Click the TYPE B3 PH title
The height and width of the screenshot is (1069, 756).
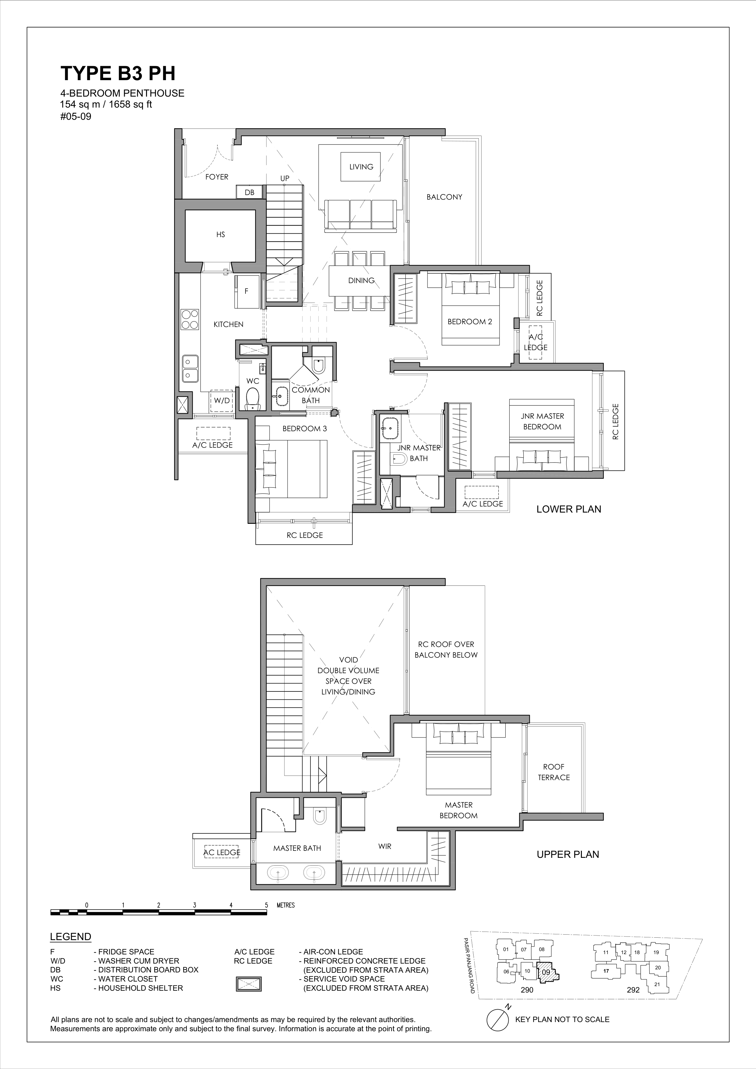(x=118, y=73)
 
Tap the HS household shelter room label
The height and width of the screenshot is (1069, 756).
(x=220, y=235)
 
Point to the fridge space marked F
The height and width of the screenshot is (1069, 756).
(x=246, y=291)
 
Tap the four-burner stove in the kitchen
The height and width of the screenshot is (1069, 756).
(x=190, y=319)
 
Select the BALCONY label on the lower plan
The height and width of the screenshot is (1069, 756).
(x=444, y=197)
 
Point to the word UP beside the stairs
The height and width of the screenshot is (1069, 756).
(x=285, y=178)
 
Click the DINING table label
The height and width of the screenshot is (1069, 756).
(x=361, y=280)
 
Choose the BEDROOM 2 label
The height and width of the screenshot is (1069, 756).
(x=470, y=321)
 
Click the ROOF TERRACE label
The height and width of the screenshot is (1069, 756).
(x=554, y=772)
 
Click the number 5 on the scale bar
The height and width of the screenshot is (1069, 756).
(x=267, y=905)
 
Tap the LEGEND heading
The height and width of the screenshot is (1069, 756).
(x=70, y=937)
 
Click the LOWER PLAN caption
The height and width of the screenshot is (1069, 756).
(x=569, y=509)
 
